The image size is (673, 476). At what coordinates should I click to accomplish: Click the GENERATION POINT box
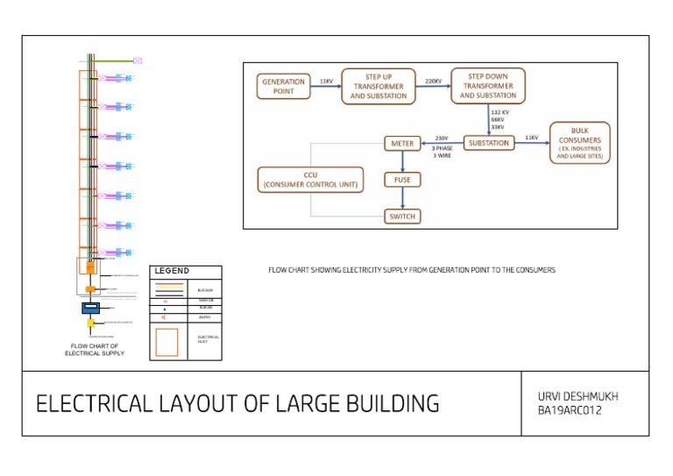(x=284, y=86)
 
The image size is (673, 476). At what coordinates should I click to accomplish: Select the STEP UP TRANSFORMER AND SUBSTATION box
(x=379, y=86)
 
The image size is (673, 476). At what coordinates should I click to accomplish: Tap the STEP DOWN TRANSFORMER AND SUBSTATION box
(x=488, y=86)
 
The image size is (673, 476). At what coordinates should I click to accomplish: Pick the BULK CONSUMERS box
(x=579, y=143)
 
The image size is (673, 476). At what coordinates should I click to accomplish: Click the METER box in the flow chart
(x=402, y=143)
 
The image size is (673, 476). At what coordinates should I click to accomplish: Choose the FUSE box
(x=402, y=180)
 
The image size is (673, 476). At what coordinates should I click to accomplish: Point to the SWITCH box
(x=402, y=216)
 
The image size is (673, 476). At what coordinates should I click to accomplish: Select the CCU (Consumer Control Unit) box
(x=310, y=180)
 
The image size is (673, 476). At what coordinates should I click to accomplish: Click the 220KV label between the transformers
(x=434, y=81)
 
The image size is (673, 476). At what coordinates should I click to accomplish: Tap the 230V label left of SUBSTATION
(x=442, y=138)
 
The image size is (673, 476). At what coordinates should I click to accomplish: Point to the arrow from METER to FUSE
(x=402, y=161)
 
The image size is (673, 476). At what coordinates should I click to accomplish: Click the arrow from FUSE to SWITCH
(x=402, y=198)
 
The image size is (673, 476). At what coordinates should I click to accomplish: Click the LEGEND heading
(x=172, y=271)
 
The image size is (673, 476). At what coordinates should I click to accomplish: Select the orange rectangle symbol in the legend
(x=166, y=341)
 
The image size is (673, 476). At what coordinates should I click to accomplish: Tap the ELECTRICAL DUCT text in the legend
(x=208, y=338)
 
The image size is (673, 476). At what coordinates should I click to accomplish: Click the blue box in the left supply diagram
(x=91, y=308)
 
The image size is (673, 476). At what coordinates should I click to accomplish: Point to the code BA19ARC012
(x=570, y=411)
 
